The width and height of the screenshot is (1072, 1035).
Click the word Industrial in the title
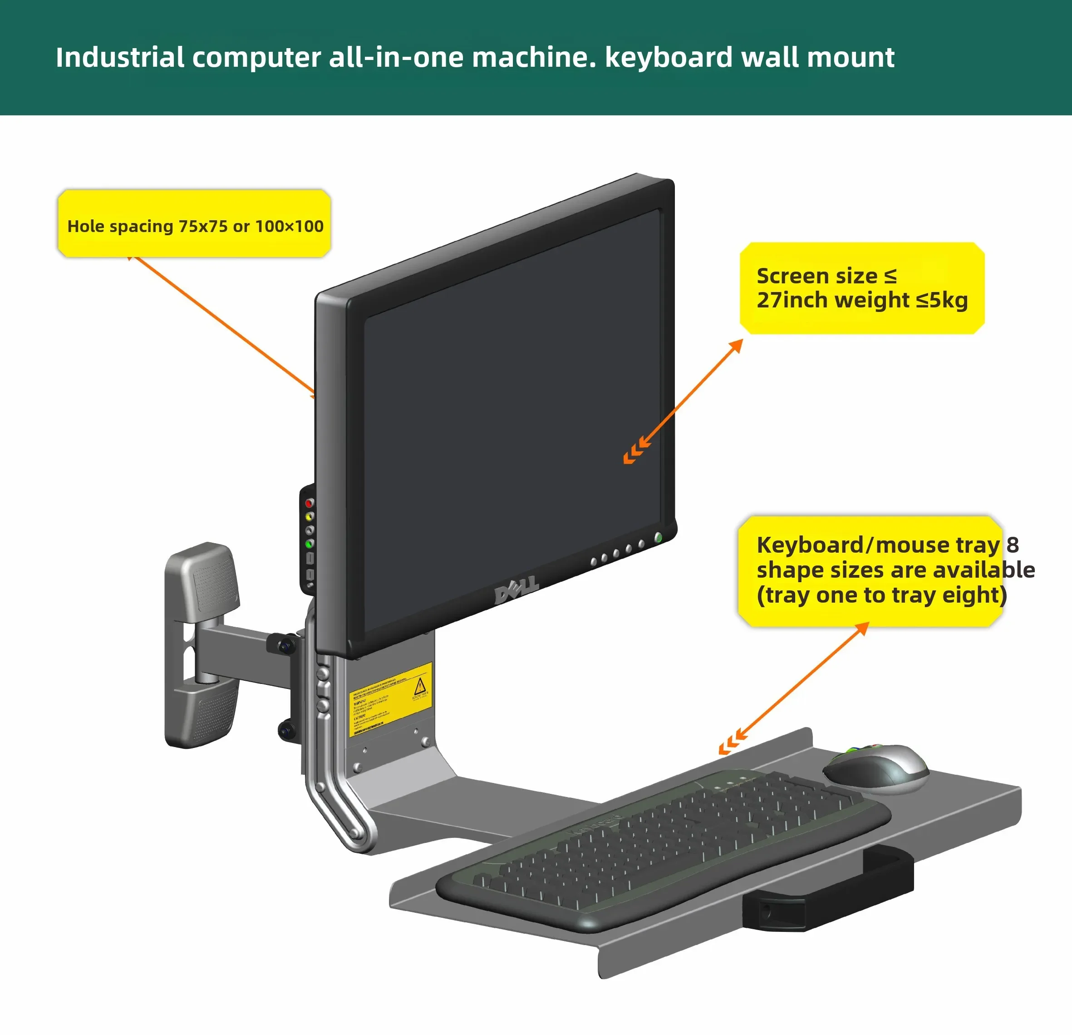119,58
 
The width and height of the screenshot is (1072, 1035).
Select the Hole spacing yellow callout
194,224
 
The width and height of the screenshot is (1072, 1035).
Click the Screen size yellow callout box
861,288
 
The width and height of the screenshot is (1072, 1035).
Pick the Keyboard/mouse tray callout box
870,570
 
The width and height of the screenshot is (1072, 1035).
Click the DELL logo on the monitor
516,589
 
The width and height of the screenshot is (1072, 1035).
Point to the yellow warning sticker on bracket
389,699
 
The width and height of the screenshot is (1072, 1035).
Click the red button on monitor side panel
309,502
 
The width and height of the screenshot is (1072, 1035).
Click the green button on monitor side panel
309,544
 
